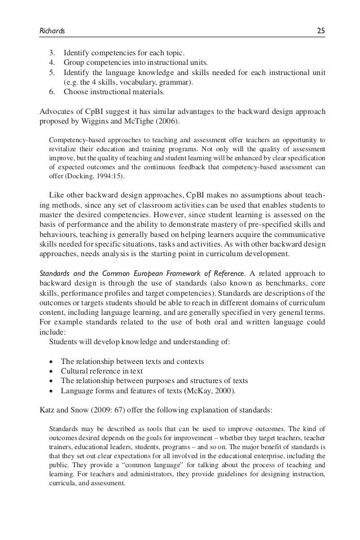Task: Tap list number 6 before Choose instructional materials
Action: click(x=53, y=92)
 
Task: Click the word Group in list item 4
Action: click(x=74, y=62)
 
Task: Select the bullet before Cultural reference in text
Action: click(x=52, y=371)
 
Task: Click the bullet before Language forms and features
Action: click(x=52, y=390)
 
